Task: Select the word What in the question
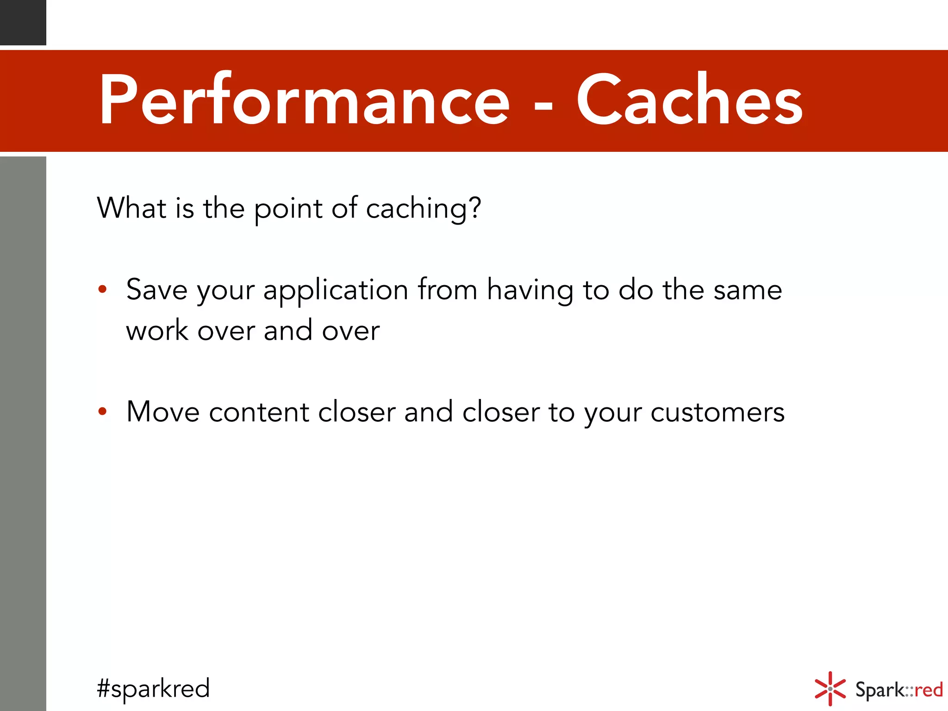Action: (x=131, y=208)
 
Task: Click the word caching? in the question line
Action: (x=424, y=209)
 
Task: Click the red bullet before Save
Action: (x=103, y=290)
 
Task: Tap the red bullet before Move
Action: (x=103, y=411)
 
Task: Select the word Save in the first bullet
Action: (x=157, y=290)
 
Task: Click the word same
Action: (x=748, y=291)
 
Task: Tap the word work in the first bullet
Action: (x=157, y=331)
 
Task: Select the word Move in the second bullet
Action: (x=163, y=411)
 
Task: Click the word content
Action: (x=259, y=412)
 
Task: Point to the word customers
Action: (x=717, y=412)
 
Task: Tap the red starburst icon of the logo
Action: (x=830, y=689)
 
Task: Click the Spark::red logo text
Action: (x=898, y=690)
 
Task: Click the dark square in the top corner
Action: (x=23, y=22)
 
